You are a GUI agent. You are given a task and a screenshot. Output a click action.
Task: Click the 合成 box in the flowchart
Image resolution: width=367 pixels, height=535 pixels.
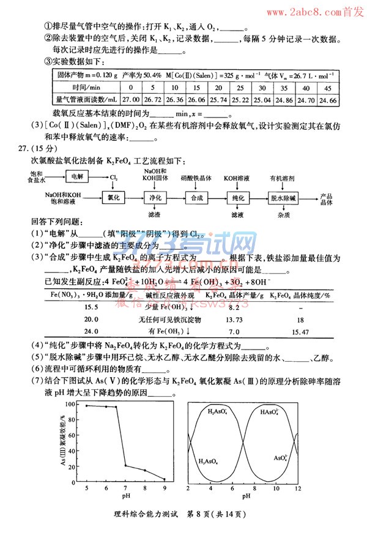pos(196,198)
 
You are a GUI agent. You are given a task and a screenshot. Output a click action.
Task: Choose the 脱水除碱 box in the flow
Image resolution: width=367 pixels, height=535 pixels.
pos(283,198)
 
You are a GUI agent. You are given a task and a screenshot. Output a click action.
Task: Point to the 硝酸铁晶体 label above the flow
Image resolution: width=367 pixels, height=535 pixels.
pos(196,178)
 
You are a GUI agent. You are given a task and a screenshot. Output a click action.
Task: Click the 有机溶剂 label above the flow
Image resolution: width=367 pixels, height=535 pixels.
pos(283,178)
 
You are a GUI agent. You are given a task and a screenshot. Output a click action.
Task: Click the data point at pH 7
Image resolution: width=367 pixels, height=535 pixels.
pos(126,466)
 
